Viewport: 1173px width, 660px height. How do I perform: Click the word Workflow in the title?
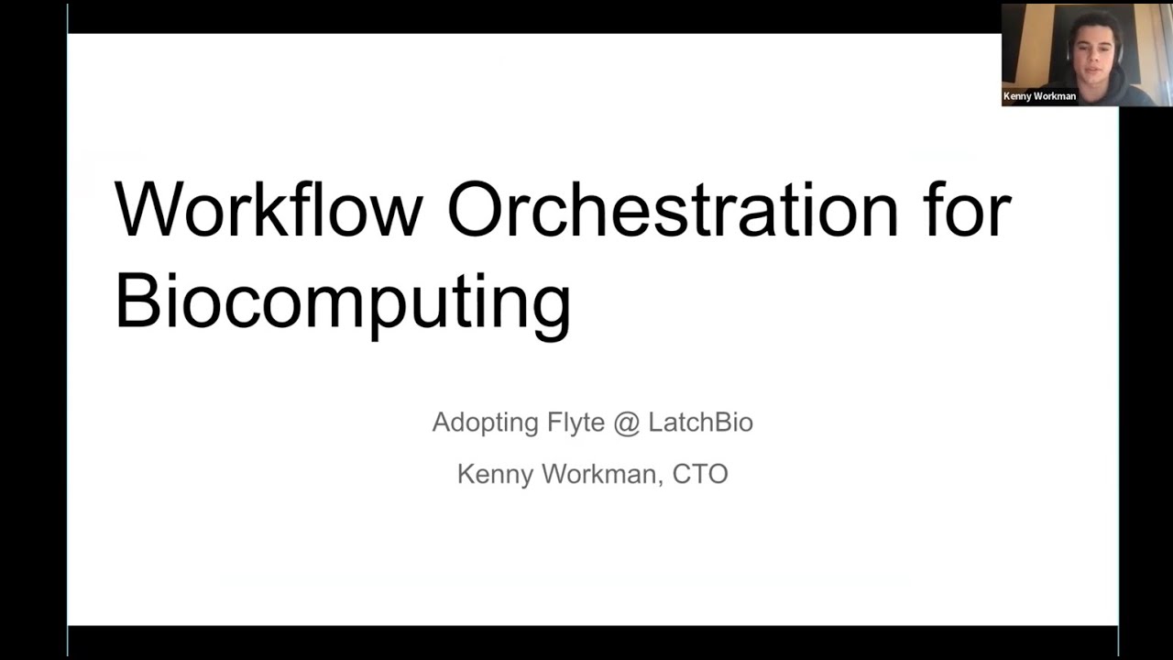pos(268,210)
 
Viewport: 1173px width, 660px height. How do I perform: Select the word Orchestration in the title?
pos(673,210)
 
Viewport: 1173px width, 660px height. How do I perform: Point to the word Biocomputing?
pos(343,302)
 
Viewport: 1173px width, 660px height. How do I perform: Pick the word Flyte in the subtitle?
pos(576,423)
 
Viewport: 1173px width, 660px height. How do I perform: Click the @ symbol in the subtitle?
pos(627,423)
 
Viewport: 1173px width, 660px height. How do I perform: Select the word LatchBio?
pos(700,423)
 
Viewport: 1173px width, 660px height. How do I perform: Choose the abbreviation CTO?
pos(700,474)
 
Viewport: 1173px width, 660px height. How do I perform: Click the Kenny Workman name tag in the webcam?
pos(1039,96)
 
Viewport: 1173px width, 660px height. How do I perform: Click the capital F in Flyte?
pos(553,423)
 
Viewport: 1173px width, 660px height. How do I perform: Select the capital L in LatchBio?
pos(654,423)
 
